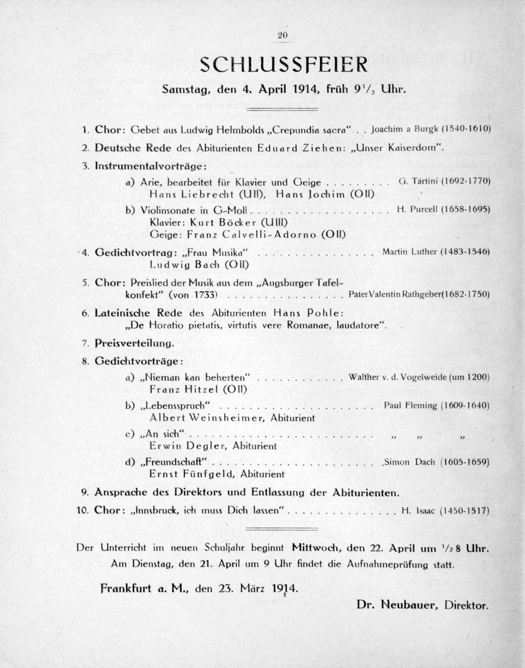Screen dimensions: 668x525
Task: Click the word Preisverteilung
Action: coord(134,343)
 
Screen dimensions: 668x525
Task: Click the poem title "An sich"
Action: coord(162,434)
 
